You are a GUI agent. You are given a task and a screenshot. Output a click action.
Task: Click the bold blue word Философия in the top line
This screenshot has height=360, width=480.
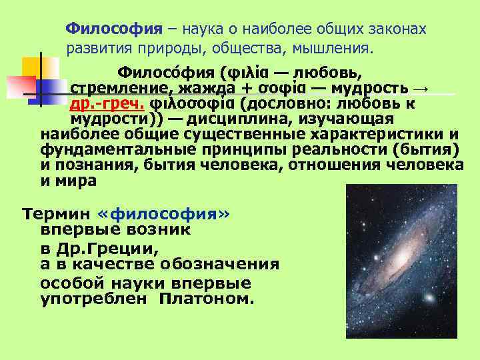(x=114, y=30)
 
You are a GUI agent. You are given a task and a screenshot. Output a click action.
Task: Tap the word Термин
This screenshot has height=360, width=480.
(x=57, y=215)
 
